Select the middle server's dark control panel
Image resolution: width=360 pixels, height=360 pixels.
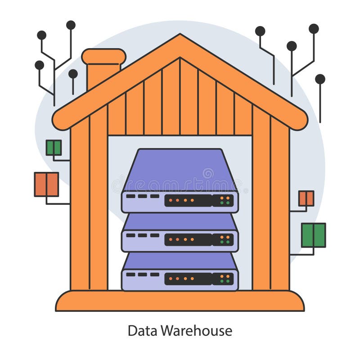188,240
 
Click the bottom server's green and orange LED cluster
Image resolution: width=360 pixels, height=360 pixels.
226,279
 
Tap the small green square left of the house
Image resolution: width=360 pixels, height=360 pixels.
54,148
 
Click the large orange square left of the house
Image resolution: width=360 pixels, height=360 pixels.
46,184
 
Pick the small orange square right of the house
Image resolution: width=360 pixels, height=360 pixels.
306,198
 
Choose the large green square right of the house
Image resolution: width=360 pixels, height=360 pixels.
313,235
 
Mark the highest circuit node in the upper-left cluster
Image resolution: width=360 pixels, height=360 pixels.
71,25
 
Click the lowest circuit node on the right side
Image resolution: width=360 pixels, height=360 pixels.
320,79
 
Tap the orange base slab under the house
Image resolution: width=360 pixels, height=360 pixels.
180,301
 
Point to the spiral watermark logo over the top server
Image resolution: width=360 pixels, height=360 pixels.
208,173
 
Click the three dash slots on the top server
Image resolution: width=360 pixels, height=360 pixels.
143,196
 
